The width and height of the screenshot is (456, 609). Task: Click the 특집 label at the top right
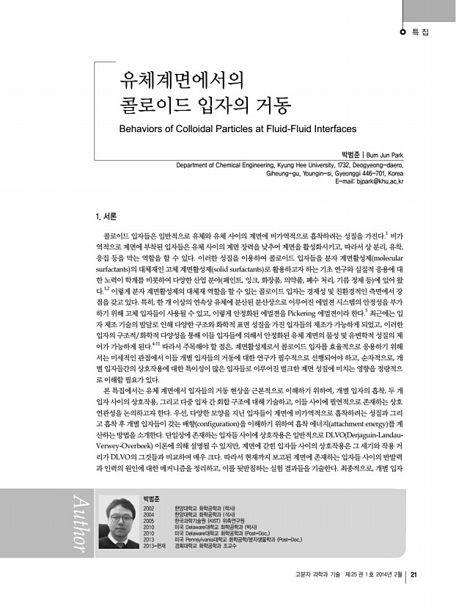pyautogui.click(x=421, y=32)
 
